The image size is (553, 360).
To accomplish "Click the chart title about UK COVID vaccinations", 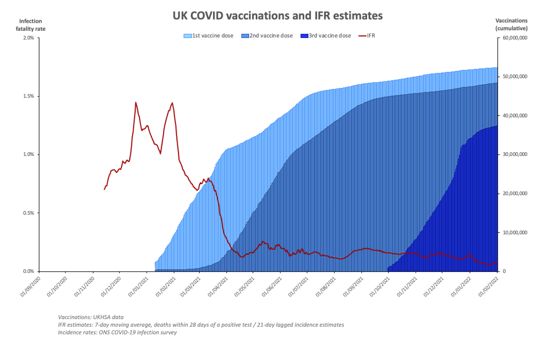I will point(277,16).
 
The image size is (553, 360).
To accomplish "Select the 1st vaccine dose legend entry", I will point(209,36).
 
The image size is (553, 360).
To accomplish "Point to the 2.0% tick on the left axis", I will point(28,38).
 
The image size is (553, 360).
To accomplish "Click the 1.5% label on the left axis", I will point(28,97).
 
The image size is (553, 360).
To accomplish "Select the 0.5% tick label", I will point(28,213).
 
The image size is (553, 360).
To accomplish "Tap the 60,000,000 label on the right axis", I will point(516,38).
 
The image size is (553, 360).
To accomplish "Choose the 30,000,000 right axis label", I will point(516,155).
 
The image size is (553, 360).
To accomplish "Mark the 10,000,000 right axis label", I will point(516,233).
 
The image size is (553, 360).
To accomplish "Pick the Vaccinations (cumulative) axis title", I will point(512,25).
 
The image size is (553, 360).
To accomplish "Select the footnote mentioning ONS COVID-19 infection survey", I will point(117,332).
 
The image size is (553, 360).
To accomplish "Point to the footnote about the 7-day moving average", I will point(201,324).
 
